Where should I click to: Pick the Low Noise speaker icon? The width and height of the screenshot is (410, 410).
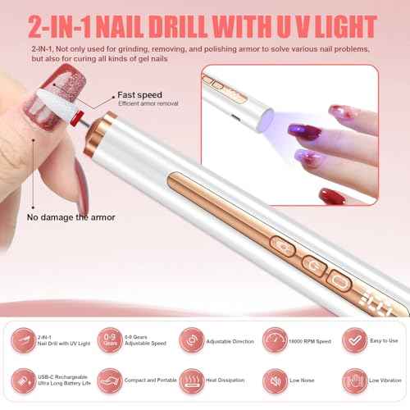click(x=272, y=380)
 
